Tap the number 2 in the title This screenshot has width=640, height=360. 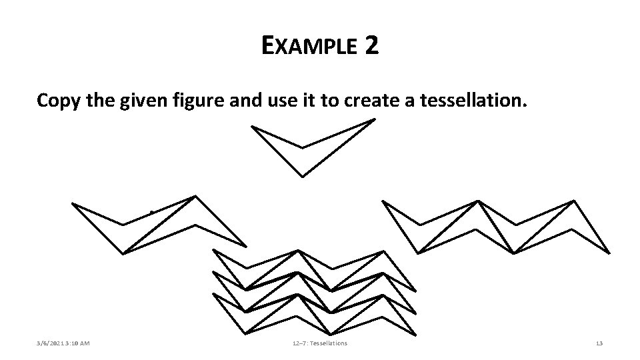(371, 45)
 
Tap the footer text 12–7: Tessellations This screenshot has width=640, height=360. (319, 343)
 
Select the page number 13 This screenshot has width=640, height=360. (599, 343)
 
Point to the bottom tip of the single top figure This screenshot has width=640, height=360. (303, 177)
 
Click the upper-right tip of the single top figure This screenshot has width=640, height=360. (374, 120)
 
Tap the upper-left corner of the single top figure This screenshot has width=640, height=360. (252, 127)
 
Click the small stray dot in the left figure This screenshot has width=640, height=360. (151, 213)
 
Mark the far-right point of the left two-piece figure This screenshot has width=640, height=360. (245, 245)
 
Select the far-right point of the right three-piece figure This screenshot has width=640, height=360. (608, 251)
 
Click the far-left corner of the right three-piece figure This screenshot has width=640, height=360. (383, 201)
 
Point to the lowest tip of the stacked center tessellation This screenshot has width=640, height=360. (331, 333)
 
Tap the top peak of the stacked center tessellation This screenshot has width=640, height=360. (298, 251)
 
